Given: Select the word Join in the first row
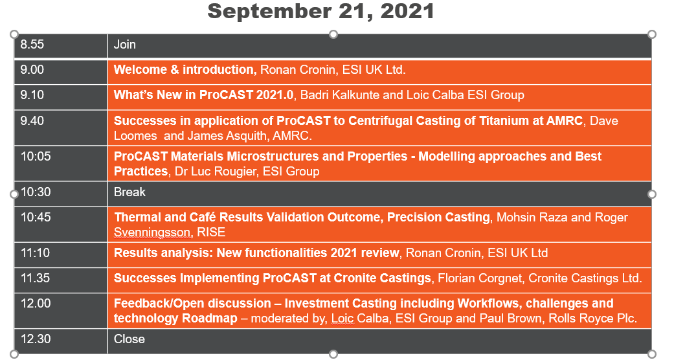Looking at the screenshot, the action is [x=125, y=44].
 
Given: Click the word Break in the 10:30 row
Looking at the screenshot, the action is [x=129, y=192].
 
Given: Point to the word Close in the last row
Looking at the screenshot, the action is [x=129, y=339].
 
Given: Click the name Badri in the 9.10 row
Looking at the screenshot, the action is [x=314, y=95].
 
